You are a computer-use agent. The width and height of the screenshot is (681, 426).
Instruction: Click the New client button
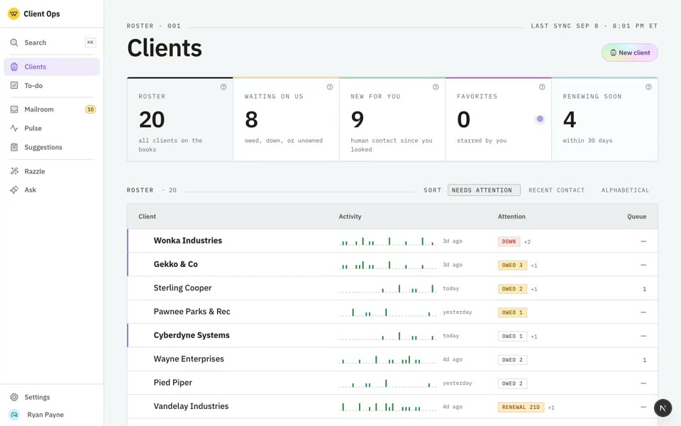[x=629, y=53]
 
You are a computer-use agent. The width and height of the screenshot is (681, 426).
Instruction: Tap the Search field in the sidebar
[x=51, y=43]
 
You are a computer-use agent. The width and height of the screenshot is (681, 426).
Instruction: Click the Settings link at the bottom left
[x=37, y=397]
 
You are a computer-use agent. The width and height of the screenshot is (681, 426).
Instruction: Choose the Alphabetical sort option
[x=625, y=190]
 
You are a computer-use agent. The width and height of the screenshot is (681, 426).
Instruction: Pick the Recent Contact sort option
[x=556, y=190]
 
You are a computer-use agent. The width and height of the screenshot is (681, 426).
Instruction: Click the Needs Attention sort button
[x=484, y=190]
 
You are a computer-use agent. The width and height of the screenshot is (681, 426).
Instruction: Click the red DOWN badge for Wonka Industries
[x=509, y=241]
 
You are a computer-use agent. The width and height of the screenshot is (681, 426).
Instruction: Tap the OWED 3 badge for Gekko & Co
[x=512, y=265]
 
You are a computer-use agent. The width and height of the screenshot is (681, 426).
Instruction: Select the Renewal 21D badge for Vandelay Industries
[x=521, y=408]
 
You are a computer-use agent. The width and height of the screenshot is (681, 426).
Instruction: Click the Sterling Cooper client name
[x=182, y=288]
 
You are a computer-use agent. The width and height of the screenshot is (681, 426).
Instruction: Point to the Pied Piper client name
[x=173, y=383]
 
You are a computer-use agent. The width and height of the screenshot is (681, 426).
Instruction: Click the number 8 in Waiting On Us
[x=251, y=119]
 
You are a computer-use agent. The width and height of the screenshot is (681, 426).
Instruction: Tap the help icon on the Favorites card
[x=542, y=87]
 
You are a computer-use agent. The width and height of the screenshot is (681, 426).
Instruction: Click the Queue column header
[x=637, y=217]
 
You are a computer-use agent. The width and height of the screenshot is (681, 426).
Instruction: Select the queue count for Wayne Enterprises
[x=645, y=360]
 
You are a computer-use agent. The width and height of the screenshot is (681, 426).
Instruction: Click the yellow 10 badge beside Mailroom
[x=90, y=109]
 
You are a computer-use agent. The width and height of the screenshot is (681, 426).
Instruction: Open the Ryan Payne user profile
[x=45, y=415]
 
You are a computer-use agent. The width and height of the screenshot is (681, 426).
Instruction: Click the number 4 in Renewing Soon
[x=570, y=119]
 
